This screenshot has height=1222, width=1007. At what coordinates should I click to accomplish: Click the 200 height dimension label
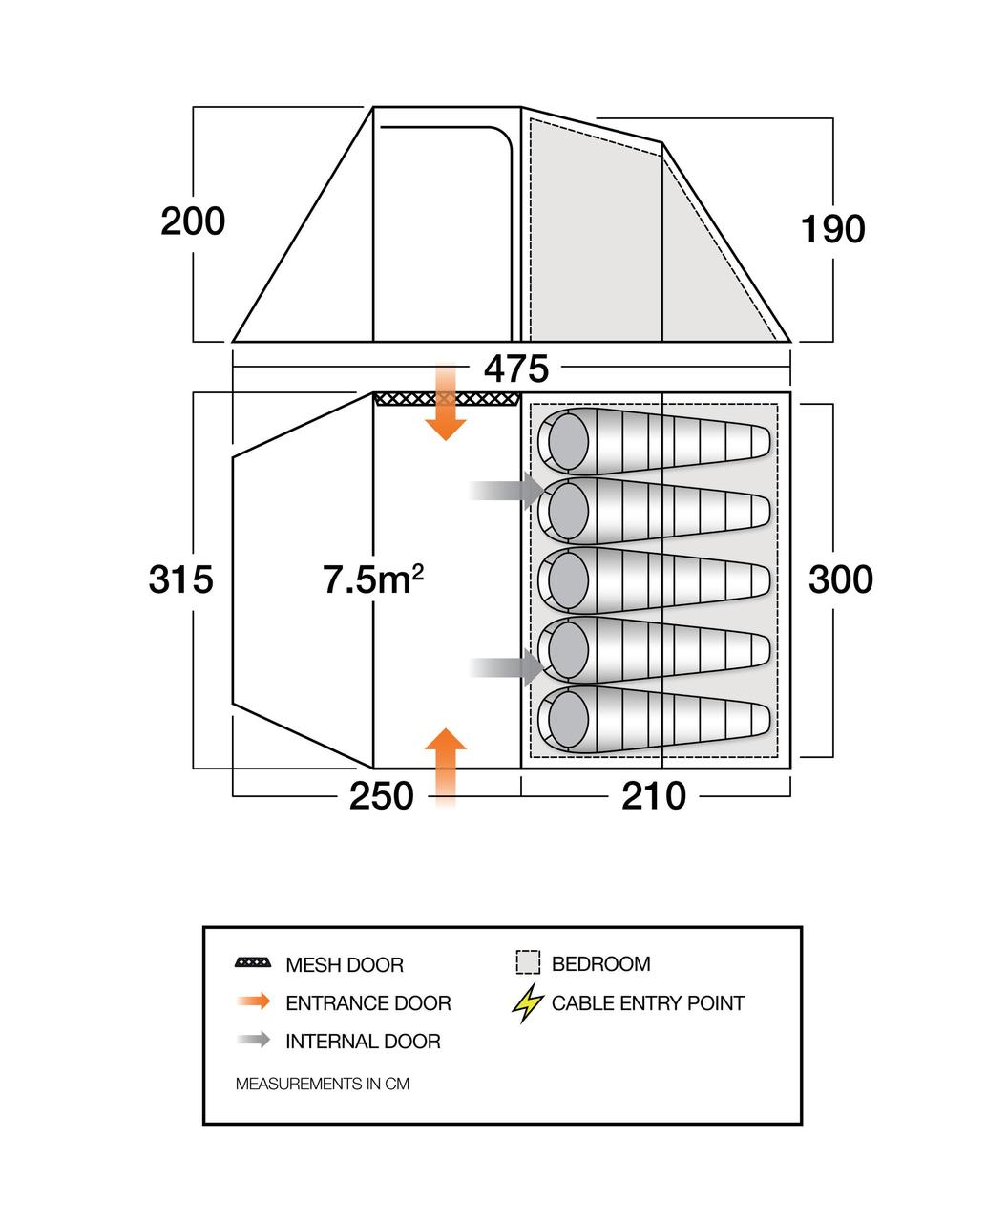pos(193,221)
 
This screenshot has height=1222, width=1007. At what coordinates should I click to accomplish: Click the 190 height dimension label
pos(832,229)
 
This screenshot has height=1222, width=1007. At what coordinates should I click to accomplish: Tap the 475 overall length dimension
pos(516,369)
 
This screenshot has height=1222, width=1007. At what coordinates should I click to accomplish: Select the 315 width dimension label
pos(180,579)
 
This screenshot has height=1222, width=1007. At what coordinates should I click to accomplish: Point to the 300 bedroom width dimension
pos(841,579)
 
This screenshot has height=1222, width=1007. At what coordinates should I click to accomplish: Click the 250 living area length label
pos(382,796)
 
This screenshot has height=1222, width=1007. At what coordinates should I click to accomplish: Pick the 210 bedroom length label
pos(654,796)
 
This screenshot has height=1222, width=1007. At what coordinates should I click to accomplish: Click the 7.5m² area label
pos(372,579)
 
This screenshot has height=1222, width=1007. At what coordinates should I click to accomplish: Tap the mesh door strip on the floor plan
pos(447,399)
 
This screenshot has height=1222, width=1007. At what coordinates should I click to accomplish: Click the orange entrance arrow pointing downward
pos(446,403)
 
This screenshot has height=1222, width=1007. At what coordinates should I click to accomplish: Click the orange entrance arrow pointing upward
pos(446,769)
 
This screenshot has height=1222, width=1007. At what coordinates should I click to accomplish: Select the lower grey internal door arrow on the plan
pos(507,666)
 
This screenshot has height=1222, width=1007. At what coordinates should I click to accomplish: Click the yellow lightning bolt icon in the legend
pos(527,1003)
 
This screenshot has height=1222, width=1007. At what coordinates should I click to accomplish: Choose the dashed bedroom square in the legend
pos(528,962)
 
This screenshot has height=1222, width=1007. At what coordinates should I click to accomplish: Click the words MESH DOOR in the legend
pos(345,964)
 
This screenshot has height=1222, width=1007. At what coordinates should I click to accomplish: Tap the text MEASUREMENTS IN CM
pos(323,1084)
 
